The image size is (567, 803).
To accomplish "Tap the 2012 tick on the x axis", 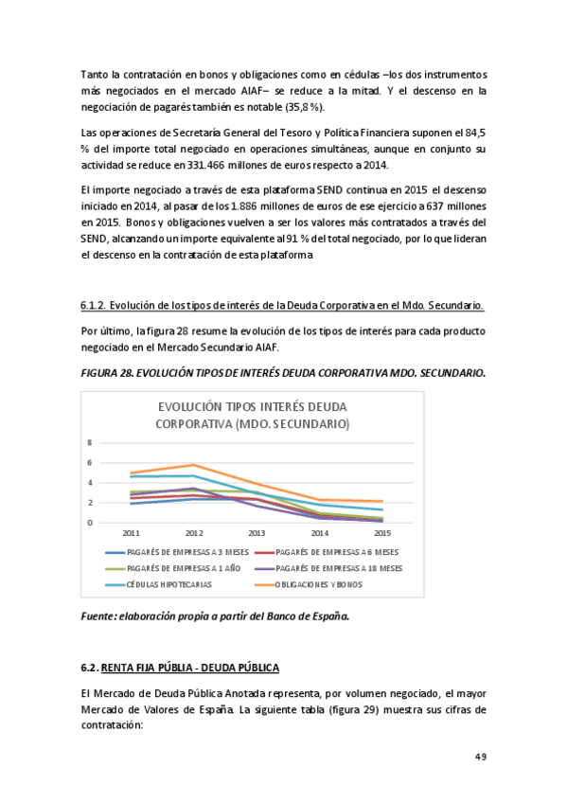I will coord(195,533).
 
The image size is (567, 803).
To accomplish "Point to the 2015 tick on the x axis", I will coord(383,533).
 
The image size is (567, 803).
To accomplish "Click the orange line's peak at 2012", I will coord(194,465).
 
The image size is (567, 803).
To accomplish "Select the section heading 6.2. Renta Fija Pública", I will coord(180,668).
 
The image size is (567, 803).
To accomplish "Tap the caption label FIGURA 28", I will coord(107,374).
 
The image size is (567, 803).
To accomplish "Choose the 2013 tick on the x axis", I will coord(257,533).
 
